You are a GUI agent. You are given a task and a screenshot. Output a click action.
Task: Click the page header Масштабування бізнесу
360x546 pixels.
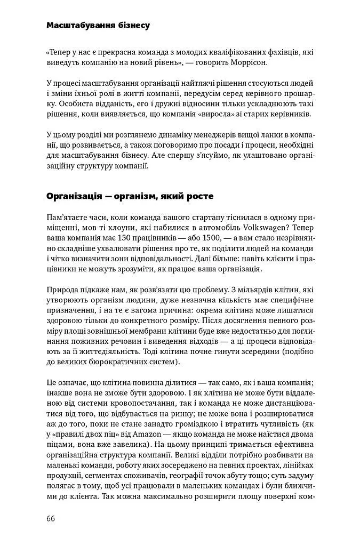98,25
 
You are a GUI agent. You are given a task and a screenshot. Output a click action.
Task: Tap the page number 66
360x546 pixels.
52,519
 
